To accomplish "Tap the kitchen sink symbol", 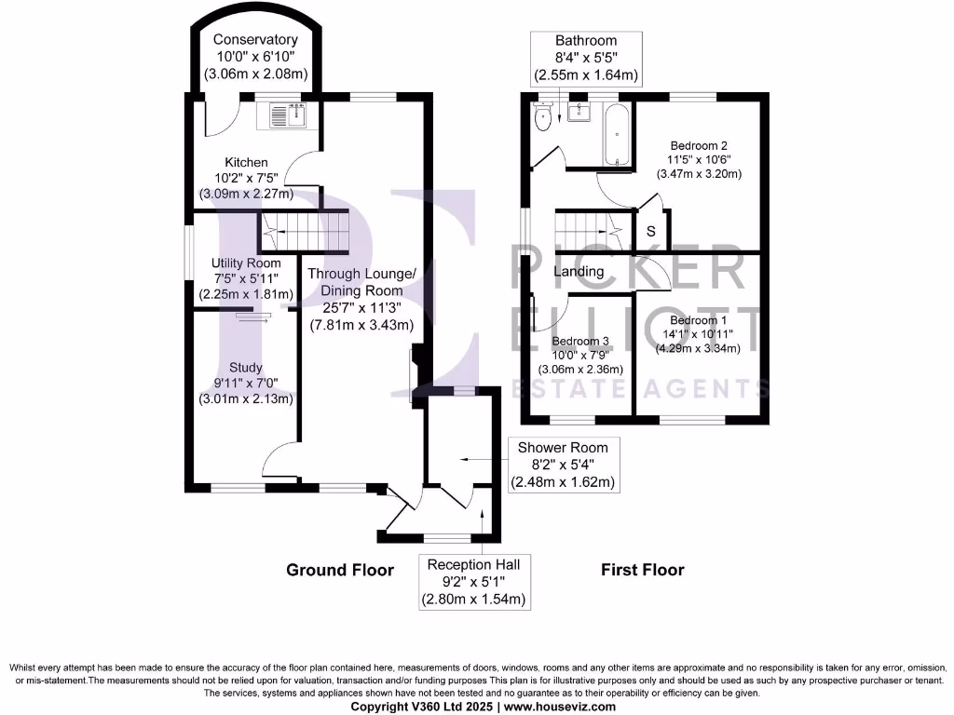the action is (285, 115).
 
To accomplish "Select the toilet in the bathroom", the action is (542, 115).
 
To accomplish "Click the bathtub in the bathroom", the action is (617, 134).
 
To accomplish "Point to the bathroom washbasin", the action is (579, 112).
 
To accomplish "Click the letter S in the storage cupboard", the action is (651, 231).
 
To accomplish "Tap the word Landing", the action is (579, 271).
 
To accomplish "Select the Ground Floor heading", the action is (340, 570).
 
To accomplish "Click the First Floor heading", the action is (643, 570).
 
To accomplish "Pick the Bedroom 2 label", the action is (699, 146).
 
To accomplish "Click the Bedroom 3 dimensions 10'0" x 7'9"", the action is (579, 355).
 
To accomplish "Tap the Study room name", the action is (246, 367).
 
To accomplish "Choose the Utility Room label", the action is (246, 263).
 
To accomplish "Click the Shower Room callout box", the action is (564, 465).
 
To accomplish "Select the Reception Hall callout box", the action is (474, 582).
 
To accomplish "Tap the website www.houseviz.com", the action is (559, 707).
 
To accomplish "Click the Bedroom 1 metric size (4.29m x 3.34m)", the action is (698, 348).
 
